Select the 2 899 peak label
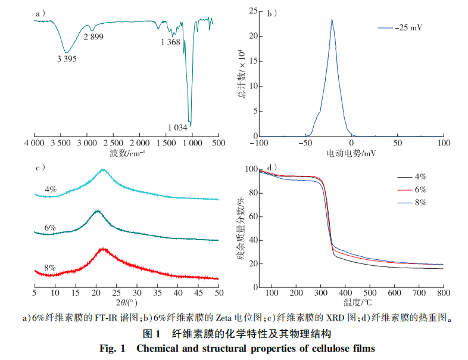click(x=94, y=38)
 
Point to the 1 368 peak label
click(x=170, y=42)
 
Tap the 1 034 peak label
click(x=178, y=127)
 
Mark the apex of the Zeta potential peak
click(x=332, y=19)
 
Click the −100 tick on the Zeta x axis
click(x=259, y=144)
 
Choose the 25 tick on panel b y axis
click(x=253, y=11)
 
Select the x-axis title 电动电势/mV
click(x=351, y=154)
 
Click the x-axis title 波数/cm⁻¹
click(x=127, y=153)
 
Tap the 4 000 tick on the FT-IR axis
click(x=34, y=144)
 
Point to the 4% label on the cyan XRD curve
click(x=51, y=190)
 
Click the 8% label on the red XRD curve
click(x=50, y=268)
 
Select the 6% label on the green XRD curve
click(x=50, y=228)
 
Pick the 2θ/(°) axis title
click(x=127, y=304)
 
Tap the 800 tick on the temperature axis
click(x=442, y=293)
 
